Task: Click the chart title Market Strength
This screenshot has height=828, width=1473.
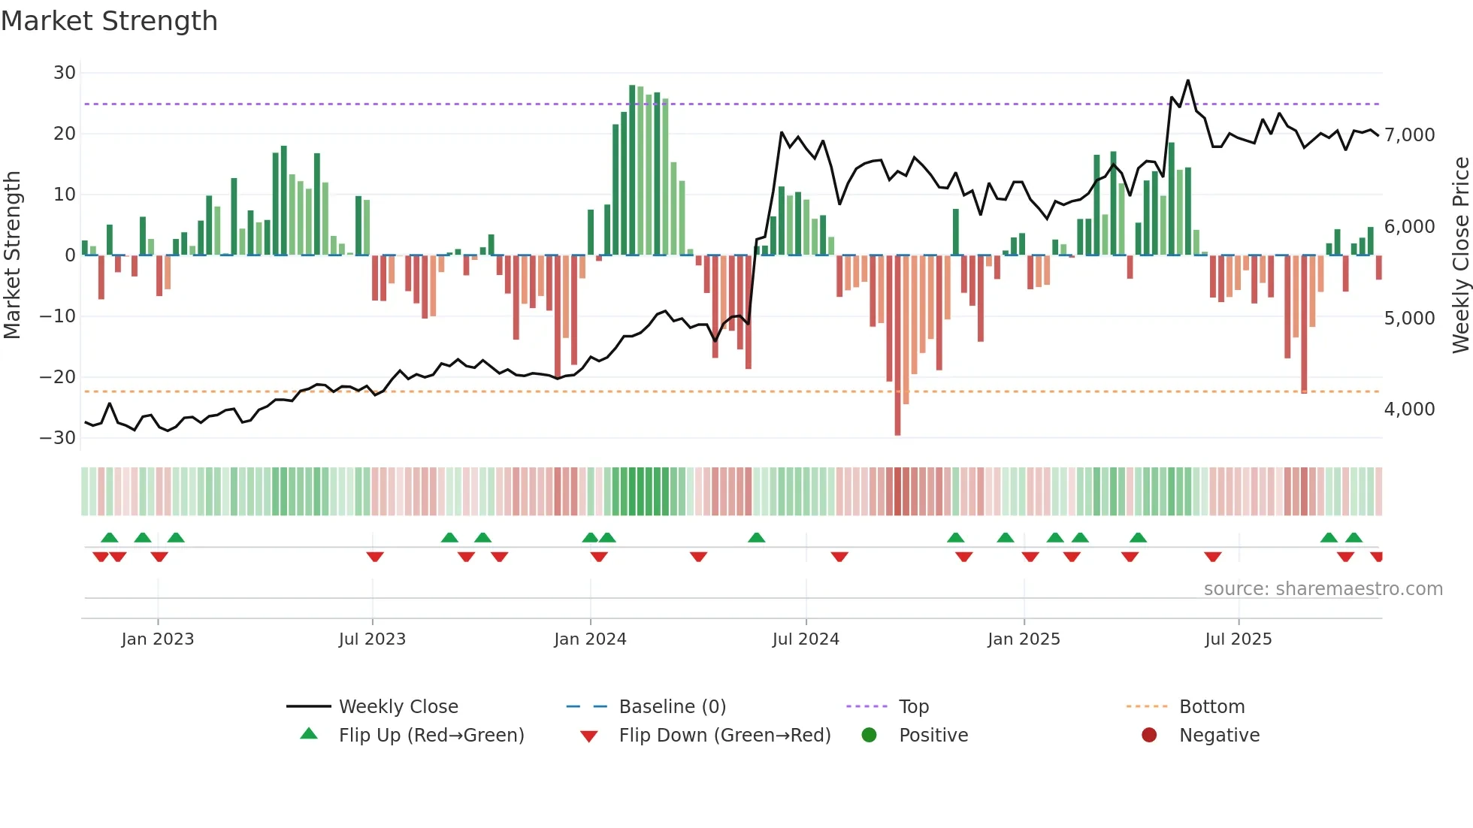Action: pos(109,21)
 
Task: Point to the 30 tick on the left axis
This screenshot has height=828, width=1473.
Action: pos(65,73)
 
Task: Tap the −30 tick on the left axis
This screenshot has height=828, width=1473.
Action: pos(58,438)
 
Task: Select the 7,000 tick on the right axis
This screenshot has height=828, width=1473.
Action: pos(1409,135)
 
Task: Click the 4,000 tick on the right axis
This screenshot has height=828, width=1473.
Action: pos(1409,409)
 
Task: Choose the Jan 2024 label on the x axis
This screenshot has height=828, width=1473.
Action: pos(590,639)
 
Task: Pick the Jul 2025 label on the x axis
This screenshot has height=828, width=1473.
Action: pos(1238,639)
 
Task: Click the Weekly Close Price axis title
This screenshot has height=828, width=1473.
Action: pos(1460,255)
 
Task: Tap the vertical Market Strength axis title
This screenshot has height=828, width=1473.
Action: pos(13,255)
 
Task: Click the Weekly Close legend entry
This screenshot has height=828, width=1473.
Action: pos(398,707)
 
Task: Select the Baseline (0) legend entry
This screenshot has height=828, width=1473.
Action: pos(672,707)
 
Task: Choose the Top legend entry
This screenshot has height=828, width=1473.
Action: pos(913,707)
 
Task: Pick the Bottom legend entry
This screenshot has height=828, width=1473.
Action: pos(1211,707)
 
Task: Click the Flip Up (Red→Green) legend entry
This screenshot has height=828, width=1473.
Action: pos(431,736)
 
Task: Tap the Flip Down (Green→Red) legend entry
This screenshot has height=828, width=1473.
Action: pos(724,736)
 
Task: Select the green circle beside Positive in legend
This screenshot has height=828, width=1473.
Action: pos(870,736)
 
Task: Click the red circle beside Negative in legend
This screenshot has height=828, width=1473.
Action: pos(1149,736)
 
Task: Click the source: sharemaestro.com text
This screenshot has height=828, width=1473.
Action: pos(1323,589)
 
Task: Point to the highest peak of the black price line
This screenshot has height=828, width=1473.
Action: pos(1187,80)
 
